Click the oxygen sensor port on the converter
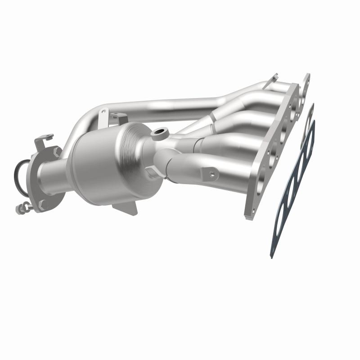pyautogui.click(x=159, y=133)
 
